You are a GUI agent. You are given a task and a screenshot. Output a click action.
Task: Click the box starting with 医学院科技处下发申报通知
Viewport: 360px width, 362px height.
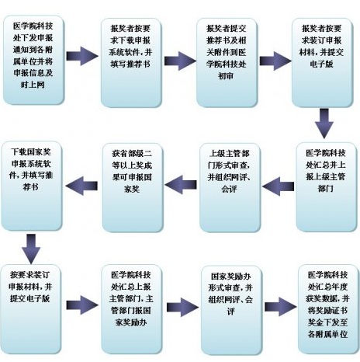pos(33,60)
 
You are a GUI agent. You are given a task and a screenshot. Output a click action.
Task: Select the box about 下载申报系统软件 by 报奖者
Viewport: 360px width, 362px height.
pos(131,62)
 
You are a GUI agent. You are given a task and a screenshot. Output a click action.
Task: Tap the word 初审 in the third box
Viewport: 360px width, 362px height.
pos(226,76)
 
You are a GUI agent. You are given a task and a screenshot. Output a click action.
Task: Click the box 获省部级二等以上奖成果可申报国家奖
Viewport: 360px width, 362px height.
pos(133,187)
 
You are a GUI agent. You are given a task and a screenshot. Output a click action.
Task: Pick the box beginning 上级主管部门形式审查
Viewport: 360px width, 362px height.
pos(230,187)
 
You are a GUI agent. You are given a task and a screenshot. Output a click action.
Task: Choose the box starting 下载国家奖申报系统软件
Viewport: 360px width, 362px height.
pos(32,186)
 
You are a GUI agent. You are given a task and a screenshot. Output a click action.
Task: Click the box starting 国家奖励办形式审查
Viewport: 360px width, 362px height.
pos(231,310)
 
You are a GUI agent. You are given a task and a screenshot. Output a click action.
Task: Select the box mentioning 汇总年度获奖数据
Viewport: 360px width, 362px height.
pos(328,309)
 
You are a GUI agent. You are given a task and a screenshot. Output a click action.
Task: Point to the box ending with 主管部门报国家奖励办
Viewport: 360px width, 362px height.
pos(131,309)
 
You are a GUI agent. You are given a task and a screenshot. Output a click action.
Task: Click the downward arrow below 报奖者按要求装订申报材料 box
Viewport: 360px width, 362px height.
pos(324,124)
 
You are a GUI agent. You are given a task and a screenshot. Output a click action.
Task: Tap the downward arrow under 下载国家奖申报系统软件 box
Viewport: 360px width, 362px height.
pos(31,249)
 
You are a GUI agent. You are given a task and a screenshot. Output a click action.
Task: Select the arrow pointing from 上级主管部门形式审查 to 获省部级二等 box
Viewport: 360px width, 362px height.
pos(181,185)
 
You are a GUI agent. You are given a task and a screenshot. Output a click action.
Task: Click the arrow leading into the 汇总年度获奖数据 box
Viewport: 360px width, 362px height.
pos(281,307)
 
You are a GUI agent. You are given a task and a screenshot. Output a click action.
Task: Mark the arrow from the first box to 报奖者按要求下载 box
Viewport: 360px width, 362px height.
pos(82,56)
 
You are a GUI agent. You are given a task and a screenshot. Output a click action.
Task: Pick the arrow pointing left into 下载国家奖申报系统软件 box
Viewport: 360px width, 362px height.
pos(81,186)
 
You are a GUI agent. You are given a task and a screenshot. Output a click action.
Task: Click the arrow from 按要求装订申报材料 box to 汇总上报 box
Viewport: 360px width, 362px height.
pos(82,305)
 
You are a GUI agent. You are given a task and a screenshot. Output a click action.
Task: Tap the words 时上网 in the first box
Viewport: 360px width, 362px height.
pos(33,85)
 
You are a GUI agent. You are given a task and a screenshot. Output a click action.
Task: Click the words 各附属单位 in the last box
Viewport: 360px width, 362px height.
pos(328,334)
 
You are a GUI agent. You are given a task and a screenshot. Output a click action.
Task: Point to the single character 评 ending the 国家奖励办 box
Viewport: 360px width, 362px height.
pos(231,312)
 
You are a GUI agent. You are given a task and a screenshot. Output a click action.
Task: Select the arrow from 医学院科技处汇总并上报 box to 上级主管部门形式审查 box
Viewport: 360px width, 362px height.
pos(278,186)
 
